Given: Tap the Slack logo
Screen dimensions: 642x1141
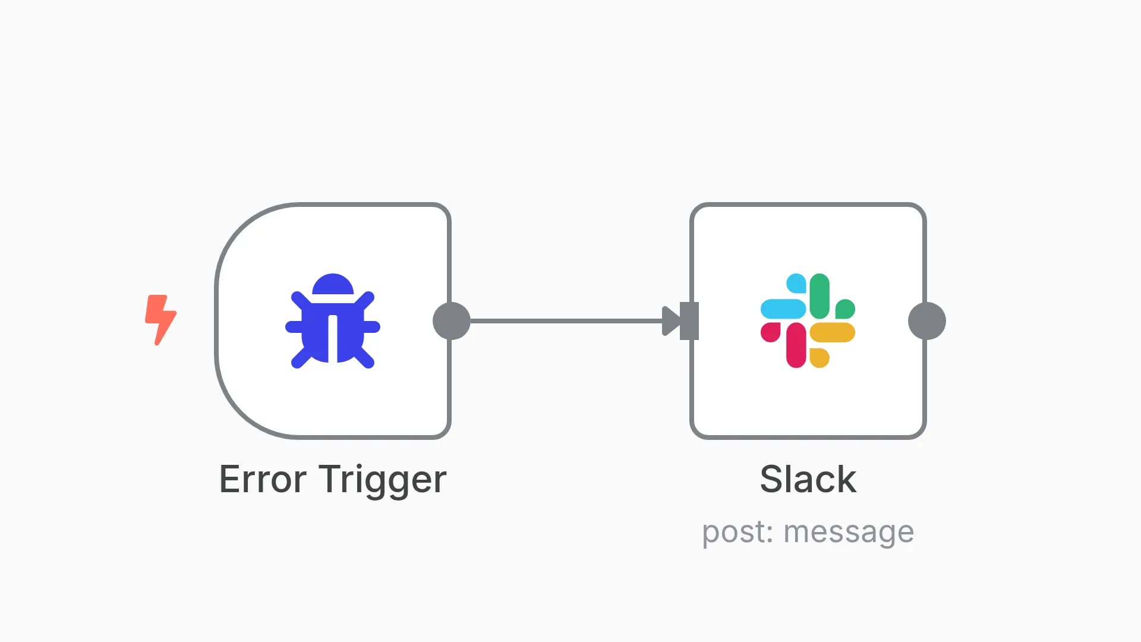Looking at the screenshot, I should click(x=808, y=321).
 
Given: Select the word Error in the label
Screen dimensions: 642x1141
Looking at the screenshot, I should click(x=263, y=479).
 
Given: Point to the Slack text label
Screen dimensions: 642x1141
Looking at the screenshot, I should click(x=808, y=479).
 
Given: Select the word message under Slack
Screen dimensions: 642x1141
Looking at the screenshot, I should click(x=849, y=532).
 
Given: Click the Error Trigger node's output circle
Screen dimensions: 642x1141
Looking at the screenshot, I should click(x=452, y=321).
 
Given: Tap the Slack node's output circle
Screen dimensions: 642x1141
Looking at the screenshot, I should click(x=927, y=321).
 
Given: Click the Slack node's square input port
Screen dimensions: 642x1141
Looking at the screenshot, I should click(x=690, y=321).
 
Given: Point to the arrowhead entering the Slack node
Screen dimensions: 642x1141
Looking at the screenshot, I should click(x=671, y=321).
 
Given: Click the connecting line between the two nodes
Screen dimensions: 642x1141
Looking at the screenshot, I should click(x=565, y=321).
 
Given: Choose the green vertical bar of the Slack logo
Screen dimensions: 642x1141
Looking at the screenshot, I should click(x=819, y=296).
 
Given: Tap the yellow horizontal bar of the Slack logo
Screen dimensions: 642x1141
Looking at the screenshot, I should click(x=833, y=333).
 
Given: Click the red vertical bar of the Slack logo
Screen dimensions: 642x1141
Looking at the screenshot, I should click(x=796, y=345).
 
